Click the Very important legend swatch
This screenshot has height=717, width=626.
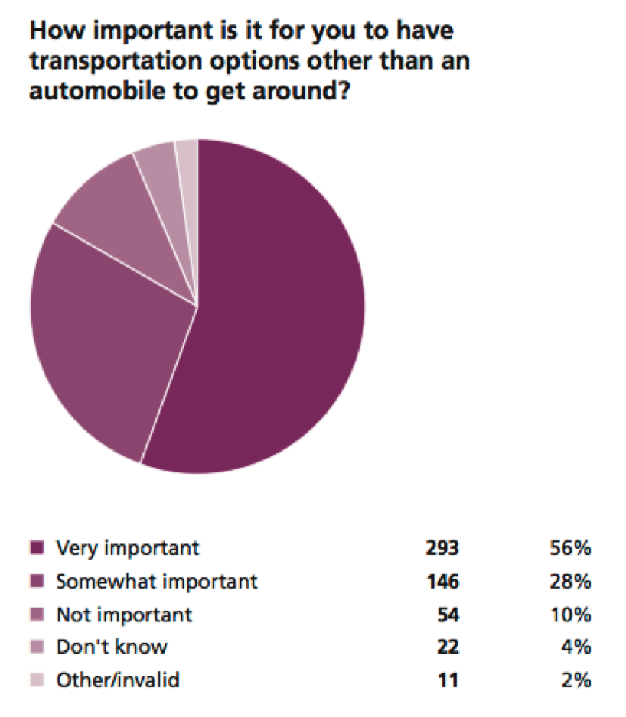(35, 548)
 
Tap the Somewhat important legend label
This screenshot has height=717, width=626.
(157, 581)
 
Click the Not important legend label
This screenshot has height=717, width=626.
(125, 614)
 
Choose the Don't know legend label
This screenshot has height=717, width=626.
(112, 647)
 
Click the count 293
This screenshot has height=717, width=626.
(442, 548)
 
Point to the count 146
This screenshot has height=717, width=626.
(442, 581)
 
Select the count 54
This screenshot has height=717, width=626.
(448, 614)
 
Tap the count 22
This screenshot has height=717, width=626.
(448, 647)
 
